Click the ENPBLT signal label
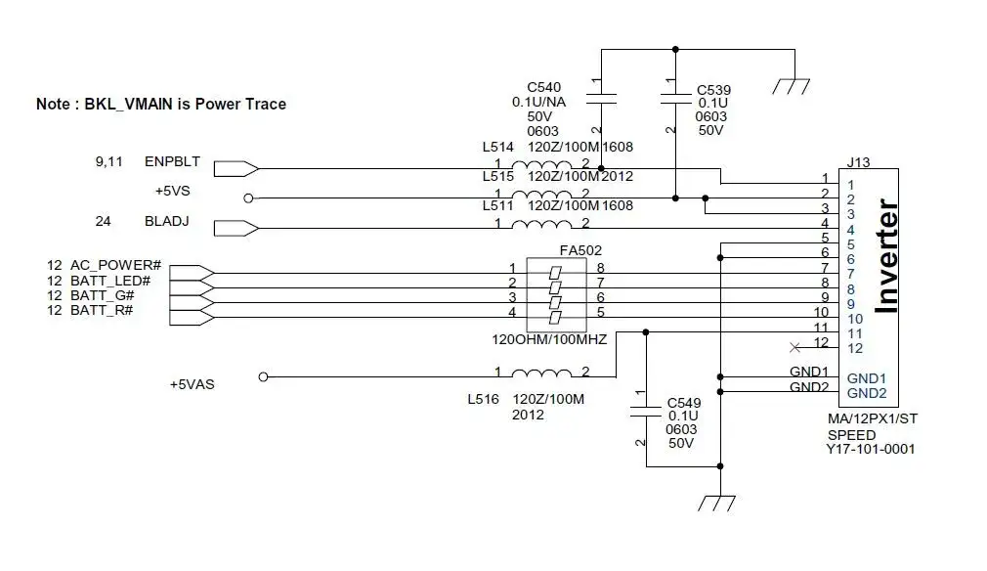(x=172, y=161)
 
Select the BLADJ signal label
(x=167, y=222)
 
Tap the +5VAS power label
(x=192, y=384)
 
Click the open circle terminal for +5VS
(x=248, y=198)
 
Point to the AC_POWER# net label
(x=116, y=266)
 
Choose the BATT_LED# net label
(x=110, y=281)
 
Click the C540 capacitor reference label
(x=544, y=87)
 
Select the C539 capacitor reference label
(x=713, y=90)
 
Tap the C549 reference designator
(x=684, y=403)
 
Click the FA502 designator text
(x=580, y=250)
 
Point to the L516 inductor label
(x=483, y=399)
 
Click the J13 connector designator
(x=858, y=162)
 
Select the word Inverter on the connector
(x=887, y=256)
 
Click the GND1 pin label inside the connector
(x=866, y=378)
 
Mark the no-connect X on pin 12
(x=795, y=347)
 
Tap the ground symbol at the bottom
(x=717, y=503)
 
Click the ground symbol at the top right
(x=792, y=86)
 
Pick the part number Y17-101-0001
(x=871, y=449)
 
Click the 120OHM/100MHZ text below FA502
(x=549, y=340)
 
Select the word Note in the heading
(x=53, y=104)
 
